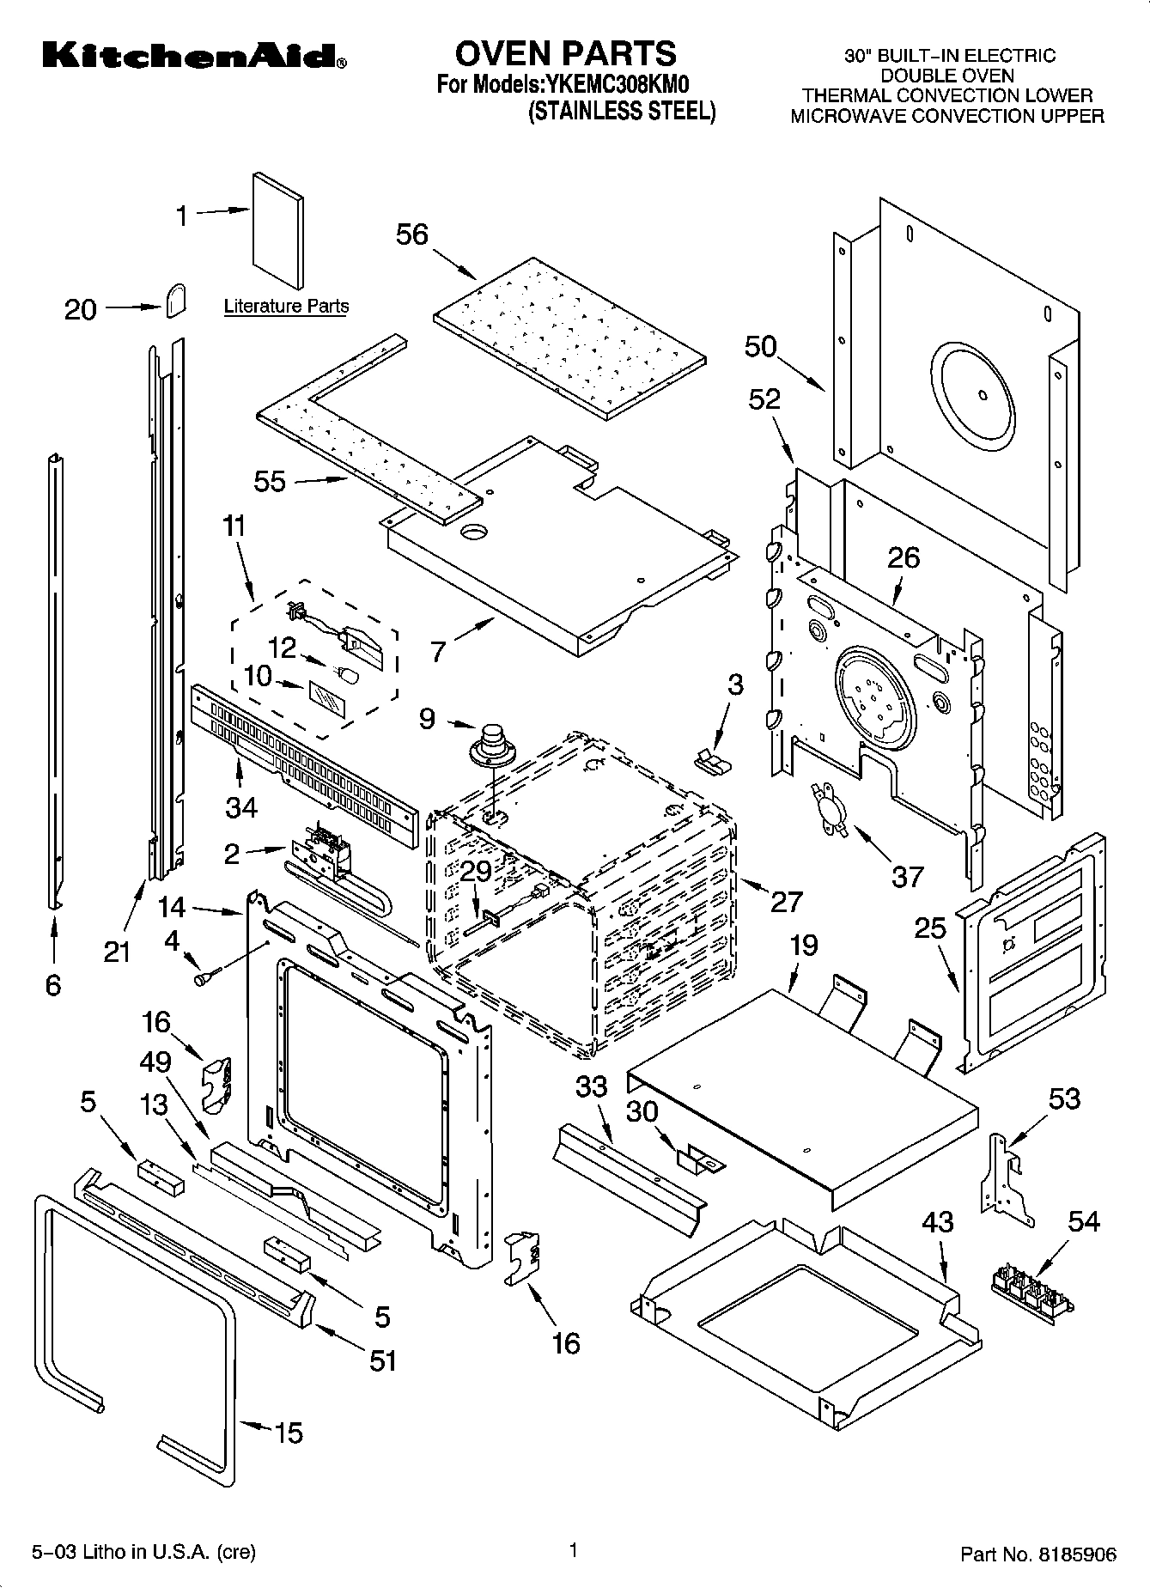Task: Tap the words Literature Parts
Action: tap(286, 306)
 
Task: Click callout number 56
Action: tap(412, 234)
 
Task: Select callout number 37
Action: tap(907, 876)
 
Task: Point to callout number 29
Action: tap(476, 871)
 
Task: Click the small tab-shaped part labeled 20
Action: tap(174, 301)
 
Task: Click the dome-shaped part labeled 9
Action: tap(492, 744)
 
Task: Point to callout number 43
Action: tap(937, 1221)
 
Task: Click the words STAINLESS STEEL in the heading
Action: tap(621, 111)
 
